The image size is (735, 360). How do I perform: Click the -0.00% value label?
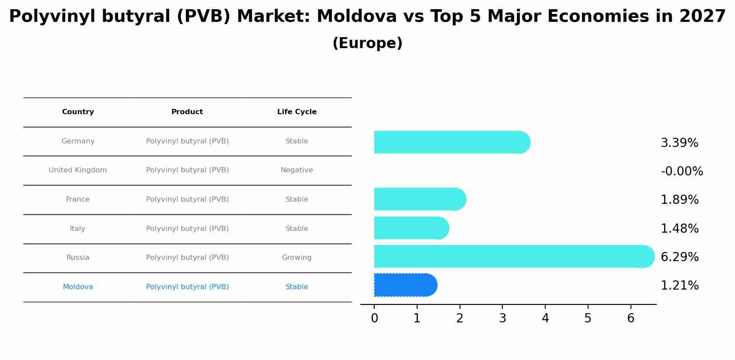pyautogui.click(x=682, y=171)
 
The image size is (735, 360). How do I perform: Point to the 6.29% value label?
pyautogui.click(x=679, y=257)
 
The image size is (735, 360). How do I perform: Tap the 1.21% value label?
pyautogui.click(x=679, y=286)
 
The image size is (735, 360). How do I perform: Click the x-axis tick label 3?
pyautogui.click(x=502, y=318)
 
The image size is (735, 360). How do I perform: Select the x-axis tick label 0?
pyautogui.click(x=374, y=318)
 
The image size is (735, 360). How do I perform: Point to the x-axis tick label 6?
pyautogui.click(x=630, y=318)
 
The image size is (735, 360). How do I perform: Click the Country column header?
pyautogui.click(x=78, y=112)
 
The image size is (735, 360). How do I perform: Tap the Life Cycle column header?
pyautogui.click(x=297, y=112)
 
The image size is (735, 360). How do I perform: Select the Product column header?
pyautogui.click(x=187, y=112)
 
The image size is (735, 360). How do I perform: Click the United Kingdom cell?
pyautogui.click(x=78, y=170)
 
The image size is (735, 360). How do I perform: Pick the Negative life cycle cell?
pyautogui.click(x=297, y=170)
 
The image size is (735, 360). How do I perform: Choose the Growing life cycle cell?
pyautogui.click(x=297, y=258)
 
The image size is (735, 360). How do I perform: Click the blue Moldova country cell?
pyautogui.click(x=78, y=287)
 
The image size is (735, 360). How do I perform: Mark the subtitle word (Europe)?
pyautogui.click(x=367, y=43)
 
